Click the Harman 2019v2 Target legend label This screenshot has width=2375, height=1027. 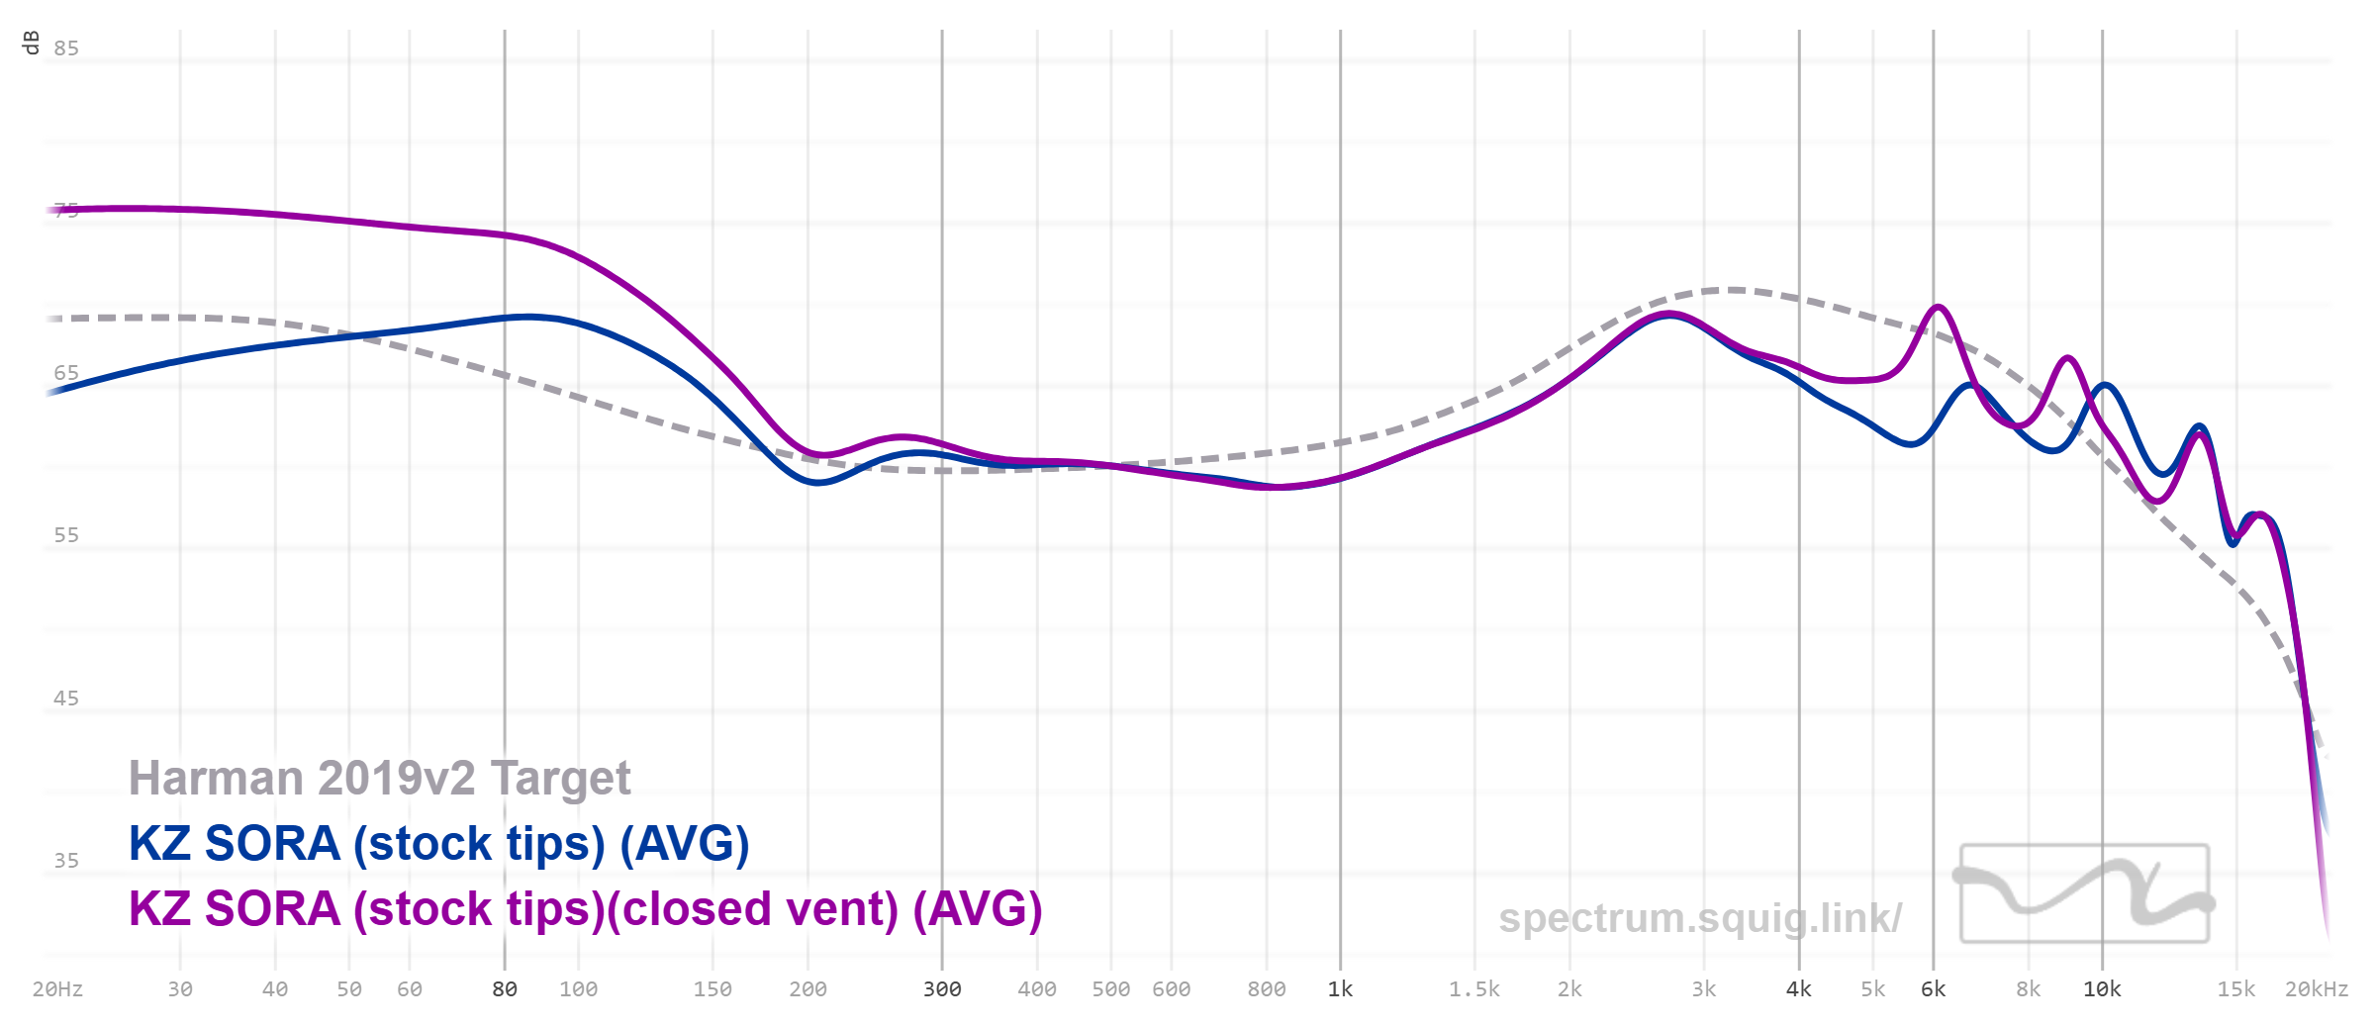click(x=379, y=779)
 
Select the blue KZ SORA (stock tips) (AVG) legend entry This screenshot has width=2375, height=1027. click(x=438, y=844)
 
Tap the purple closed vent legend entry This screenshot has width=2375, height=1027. click(x=585, y=909)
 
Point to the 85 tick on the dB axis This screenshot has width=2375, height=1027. click(x=66, y=48)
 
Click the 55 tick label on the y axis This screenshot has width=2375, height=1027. click(x=66, y=535)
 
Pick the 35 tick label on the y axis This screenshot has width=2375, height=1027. click(x=66, y=861)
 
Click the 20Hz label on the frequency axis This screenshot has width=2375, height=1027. click(x=57, y=989)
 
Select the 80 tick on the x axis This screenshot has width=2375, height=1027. click(x=505, y=989)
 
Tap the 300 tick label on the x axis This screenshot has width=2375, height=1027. click(x=942, y=989)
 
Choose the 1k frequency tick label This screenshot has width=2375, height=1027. click(x=1340, y=989)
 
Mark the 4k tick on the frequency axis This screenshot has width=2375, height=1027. click(x=1798, y=989)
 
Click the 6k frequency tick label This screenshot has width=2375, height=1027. click(x=1933, y=989)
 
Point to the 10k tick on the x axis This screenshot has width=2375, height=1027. click(x=2102, y=989)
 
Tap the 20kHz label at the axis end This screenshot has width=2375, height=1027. click(x=2316, y=989)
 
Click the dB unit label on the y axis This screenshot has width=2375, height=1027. click(x=32, y=43)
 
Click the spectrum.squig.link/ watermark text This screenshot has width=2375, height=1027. click(x=1699, y=918)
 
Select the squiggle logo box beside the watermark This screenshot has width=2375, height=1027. click(x=2084, y=892)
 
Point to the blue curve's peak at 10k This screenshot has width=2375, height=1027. click(x=2105, y=385)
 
